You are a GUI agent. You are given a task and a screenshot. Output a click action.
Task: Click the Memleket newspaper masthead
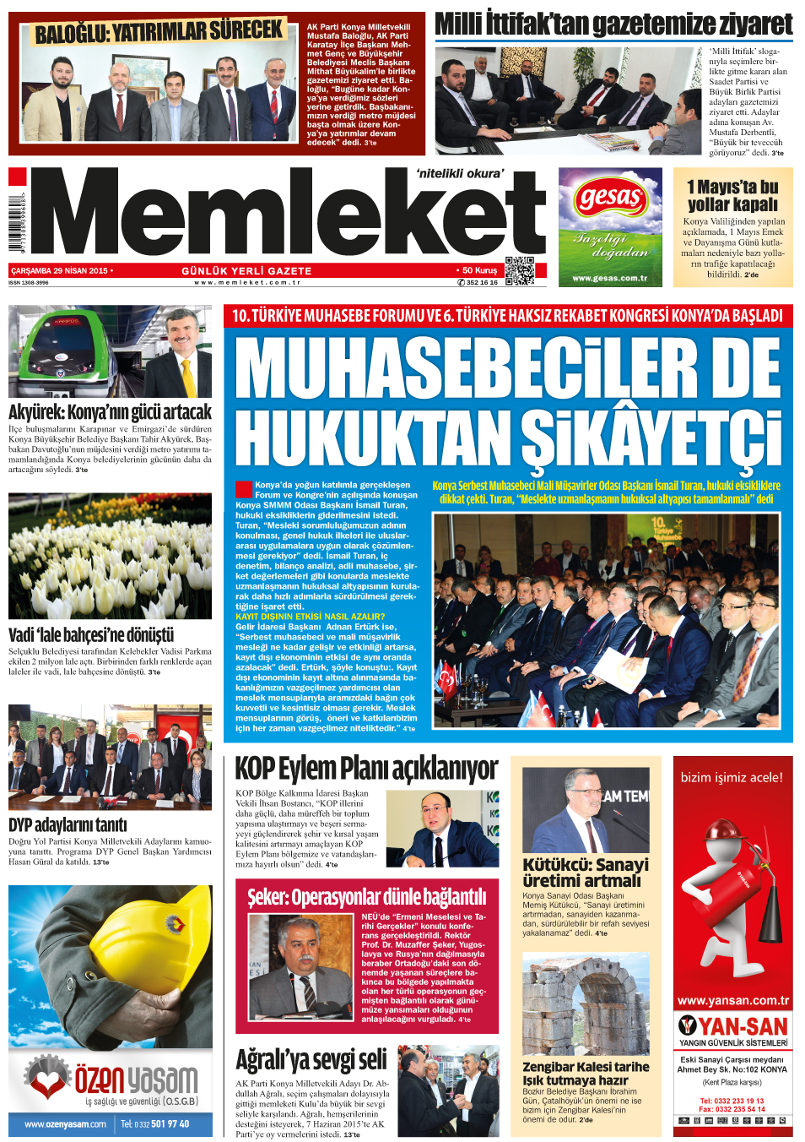pyautogui.click(x=287, y=215)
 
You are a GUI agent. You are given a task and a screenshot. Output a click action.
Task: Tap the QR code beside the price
pyautogui.click(x=519, y=270)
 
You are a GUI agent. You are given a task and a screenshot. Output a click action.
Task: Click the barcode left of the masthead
pyautogui.click(x=17, y=224)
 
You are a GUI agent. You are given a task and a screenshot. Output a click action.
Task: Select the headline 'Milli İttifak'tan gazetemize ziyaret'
pyautogui.click(x=613, y=25)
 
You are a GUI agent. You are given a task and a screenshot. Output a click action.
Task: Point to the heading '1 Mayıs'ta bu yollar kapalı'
pyautogui.click(x=732, y=195)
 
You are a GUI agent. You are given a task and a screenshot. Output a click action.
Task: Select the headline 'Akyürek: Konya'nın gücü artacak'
pyautogui.click(x=110, y=412)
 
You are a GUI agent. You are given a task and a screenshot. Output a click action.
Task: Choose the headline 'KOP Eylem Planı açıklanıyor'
pyautogui.click(x=366, y=769)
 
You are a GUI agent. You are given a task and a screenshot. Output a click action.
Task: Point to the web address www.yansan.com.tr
pyautogui.click(x=732, y=1001)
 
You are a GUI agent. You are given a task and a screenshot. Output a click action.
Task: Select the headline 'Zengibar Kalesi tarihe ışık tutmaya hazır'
pyautogui.click(x=586, y=1073)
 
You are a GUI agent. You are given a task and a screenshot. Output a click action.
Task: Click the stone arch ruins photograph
pyautogui.click(x=586, y=1005)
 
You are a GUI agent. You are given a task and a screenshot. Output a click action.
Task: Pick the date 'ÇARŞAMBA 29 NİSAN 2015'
pyautogui.click(x=59, y=271)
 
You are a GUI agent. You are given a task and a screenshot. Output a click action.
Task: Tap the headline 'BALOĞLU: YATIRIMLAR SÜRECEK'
pyautogui.click(x=159, y=32)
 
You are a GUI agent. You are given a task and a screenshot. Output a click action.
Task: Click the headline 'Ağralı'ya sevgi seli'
pyautogui.click(x=311, y=1060)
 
